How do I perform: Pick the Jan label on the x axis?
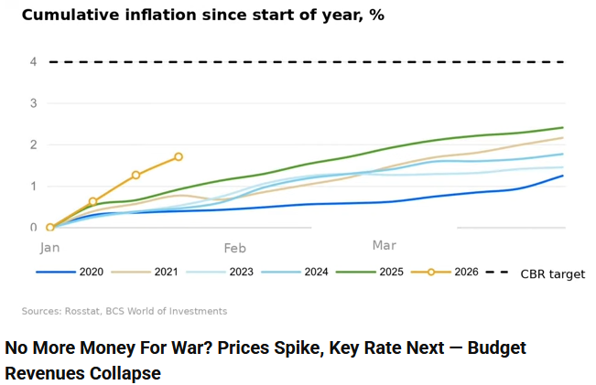[49, 247]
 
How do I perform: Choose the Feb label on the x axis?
[234, 247]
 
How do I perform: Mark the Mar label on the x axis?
[385, 245]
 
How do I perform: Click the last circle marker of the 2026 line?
[179, 157]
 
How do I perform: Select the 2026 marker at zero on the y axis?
[50, 227]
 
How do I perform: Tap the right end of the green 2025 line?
[562, 128]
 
